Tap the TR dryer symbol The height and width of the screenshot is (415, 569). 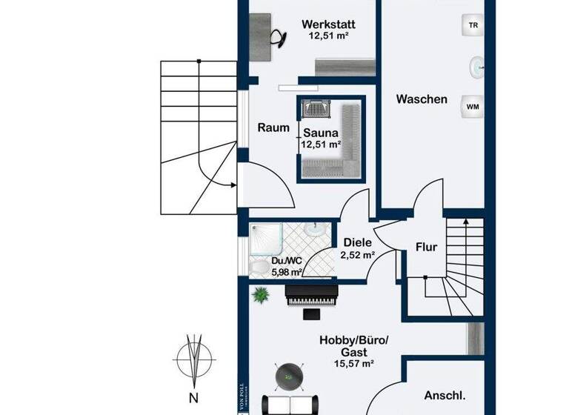click(x=472, y=25)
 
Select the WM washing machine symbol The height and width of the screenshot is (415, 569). click(x=472, y=107)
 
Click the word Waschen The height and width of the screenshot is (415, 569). click(x=421, y=99)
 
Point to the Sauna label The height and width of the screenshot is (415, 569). click(x=321, y=133)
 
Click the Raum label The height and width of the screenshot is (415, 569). click(x=273, y=127)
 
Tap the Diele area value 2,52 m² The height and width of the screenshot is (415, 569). click(x=357, y=255)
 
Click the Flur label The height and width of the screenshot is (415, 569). click(x=426, y=248)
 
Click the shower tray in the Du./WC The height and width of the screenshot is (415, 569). click(x=264, y=238)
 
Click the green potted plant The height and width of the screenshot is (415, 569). click(x=260, y=295)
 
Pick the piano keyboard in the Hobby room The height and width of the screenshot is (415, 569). click(x=311, y=297)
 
